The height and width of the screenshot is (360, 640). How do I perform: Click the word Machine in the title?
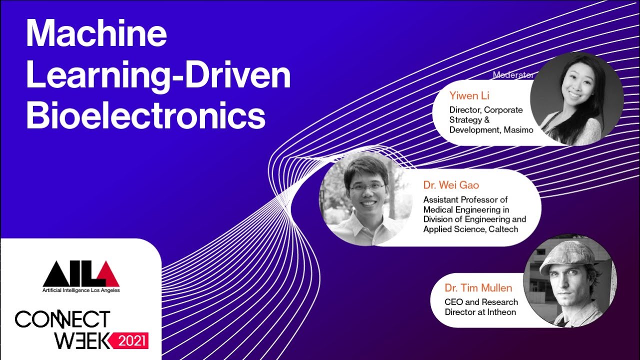(96, 34)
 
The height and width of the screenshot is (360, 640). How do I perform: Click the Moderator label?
(512, 75)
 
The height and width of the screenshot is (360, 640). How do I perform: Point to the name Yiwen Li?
(469, 96)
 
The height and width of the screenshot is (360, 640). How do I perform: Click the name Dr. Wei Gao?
(451, 185)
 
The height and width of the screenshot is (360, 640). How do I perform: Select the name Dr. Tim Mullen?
(478, 288)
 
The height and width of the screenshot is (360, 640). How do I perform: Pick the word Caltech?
(502, 229)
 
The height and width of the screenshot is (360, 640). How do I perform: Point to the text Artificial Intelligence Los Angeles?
(81, 290)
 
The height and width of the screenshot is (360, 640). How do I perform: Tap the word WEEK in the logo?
(82, 340)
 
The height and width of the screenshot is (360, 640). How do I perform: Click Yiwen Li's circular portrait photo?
(576, 99)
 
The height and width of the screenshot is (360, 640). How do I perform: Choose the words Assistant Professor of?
(458, 200)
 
